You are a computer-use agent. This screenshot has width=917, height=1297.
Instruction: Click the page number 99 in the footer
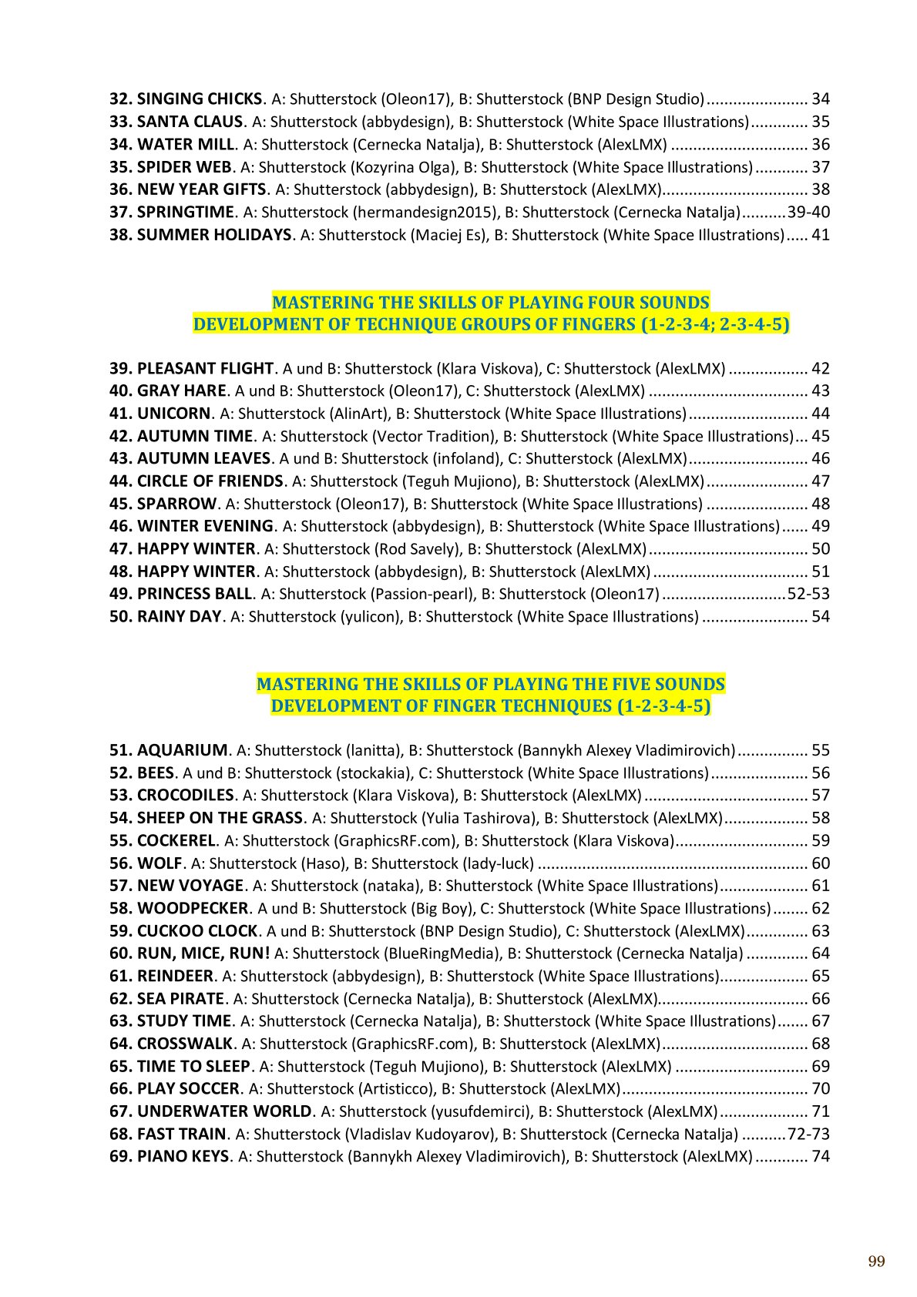coord(876,1261)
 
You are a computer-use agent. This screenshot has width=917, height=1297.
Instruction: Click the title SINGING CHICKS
coord(200,99)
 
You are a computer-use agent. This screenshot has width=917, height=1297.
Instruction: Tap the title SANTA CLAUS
coord(190,122)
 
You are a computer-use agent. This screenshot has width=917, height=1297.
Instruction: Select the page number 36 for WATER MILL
coord(821,145)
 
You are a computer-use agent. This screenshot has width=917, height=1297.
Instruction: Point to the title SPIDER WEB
coord(184,167)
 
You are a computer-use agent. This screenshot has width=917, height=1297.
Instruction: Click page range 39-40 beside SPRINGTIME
coord(808,213)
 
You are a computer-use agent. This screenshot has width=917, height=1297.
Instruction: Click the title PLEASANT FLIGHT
coord(205,369)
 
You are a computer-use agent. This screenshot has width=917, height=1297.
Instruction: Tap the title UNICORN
coord(173,414)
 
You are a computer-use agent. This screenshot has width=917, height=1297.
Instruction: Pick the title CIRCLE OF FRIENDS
coord(210,481)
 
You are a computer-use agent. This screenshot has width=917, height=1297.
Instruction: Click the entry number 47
coord(120,549)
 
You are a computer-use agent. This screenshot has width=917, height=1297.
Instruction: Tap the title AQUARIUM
coord(182,750)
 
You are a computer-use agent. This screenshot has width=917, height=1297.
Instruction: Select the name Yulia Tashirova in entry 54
coord(478,818)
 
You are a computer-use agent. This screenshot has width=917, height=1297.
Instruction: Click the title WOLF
coord(160,863)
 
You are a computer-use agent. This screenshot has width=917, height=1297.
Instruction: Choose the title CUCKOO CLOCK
coord(197,931)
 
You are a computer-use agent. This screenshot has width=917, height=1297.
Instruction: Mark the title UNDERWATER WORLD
coord(224,1111)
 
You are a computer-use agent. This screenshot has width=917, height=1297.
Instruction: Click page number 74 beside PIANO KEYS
coord(821,1156)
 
